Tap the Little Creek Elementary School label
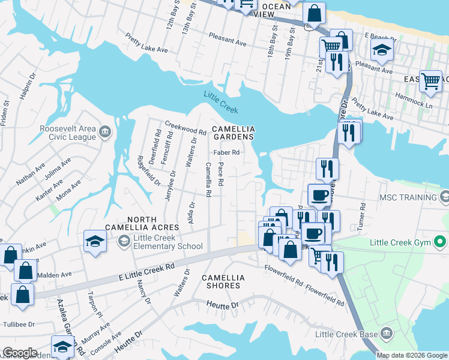168,242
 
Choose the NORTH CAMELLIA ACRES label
142,223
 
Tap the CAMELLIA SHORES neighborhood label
223,281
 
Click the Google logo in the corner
20,353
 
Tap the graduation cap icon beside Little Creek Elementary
95,241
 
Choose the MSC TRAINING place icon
444,197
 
